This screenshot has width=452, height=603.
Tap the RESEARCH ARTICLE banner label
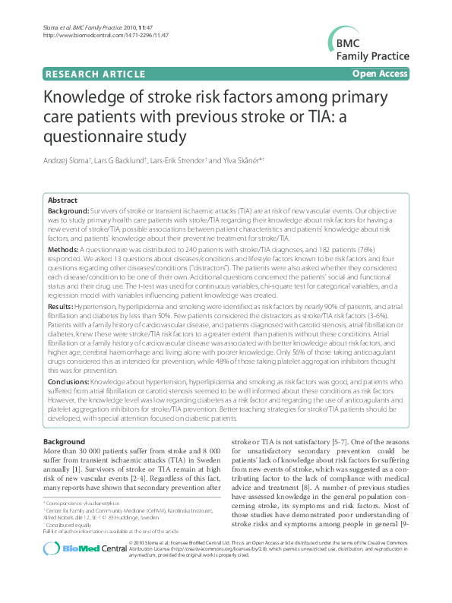point(96,74)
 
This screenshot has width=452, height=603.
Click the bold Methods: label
point(64,248)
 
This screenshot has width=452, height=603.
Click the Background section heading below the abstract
point(64,441)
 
